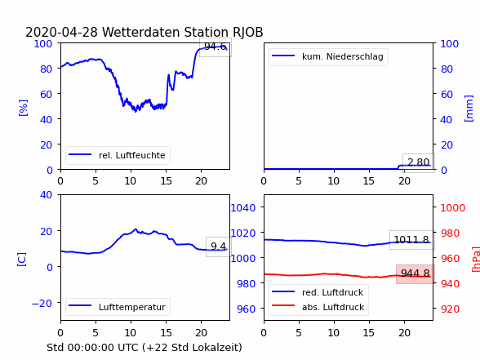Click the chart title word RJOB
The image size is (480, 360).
(x=247, y=32)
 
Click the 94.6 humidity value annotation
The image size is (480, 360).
(x=216, y=47)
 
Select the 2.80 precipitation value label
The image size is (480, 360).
(x=418, y=162)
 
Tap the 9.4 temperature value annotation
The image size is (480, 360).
(x=218, y=247)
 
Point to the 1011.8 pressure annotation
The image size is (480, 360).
(x=411, y=239)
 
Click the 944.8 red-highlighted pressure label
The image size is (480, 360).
(x=415, y=273)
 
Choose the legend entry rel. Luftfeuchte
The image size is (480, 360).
(x=118, y=155)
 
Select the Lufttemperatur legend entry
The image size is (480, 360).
(x=118, y=307)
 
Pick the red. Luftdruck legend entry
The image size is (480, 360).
(x=318, y=292)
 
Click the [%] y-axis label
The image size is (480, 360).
(x=23, y=108)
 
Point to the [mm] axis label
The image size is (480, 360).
(x=469, y=109)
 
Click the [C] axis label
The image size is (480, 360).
(x=21, y=260)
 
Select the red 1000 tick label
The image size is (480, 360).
(x=453, y=208)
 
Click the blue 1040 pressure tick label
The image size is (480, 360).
(x=243, y=208)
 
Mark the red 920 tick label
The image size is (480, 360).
(x=450, y=309)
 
